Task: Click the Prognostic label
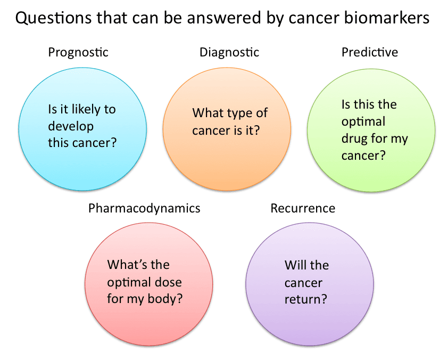pos(78,52)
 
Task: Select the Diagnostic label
pos(229,52)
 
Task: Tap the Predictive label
pos(370,52)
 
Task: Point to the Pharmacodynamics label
pos(144,208)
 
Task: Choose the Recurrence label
pos(303,208)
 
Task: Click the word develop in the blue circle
pos(71,126)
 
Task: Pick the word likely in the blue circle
pos(87,110)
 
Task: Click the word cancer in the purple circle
pos(303,282)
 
